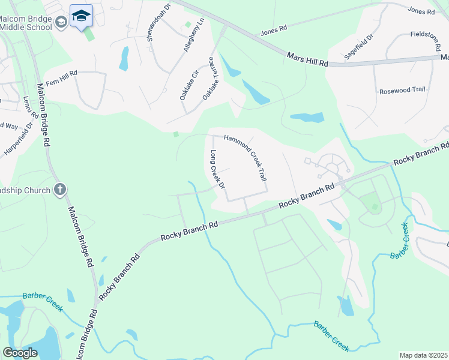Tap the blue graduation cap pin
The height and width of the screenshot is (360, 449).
coord(81,16)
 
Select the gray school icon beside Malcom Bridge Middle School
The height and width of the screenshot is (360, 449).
coord(61,22)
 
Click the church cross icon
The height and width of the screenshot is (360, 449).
coord(59,190)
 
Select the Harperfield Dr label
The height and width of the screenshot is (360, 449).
coord(19,138)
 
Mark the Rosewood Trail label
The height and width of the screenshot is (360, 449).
coord(402,89)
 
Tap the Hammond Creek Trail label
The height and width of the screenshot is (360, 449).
coord(245,158)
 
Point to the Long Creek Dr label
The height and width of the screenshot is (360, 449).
coord(217,170)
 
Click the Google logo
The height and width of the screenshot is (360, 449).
coord(20,353)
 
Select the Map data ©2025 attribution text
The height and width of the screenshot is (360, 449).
coord(424,355)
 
